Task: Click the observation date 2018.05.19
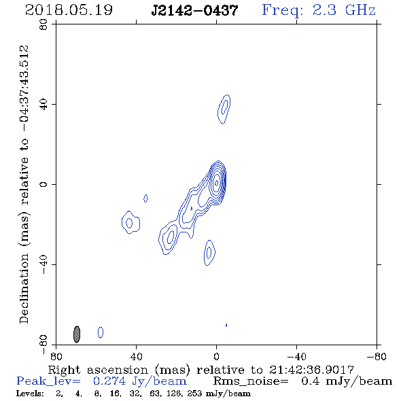click(x=69, y=10)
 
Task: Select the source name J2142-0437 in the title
click(x=194, y=10)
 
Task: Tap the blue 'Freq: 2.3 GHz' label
click(x=319, y=10)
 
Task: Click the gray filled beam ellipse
click(x=77, y=334)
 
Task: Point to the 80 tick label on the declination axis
click(x=43, y=24)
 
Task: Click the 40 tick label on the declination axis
click(x=43, y=105)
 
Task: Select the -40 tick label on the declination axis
click(x=43, y=264)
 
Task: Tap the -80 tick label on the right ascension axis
click(x=377, y=357)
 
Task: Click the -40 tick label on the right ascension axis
click(x=296, y=357)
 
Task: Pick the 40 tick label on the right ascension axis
click(x=137, y=357)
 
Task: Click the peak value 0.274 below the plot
click(x=109, y=381)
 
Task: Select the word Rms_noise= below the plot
click(x=251, y=381)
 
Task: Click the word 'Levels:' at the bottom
click(x=30, y=394)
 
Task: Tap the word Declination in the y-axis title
click(x=24, y=289)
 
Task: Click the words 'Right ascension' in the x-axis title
click(x=98, y=370)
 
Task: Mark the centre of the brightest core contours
click(x=217, y=183)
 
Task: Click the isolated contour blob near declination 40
click(x=224, y=109)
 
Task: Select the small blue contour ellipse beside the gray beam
click(x=101, y=332)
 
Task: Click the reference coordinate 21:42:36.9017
click(x=311, y=370)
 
